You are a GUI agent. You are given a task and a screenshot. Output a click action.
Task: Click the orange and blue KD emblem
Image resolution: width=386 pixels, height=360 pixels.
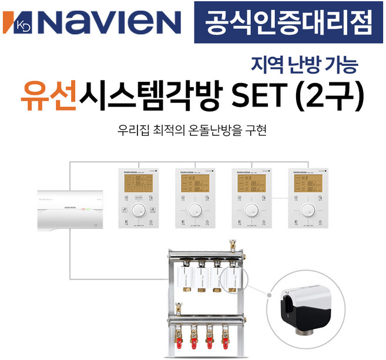(16, 22)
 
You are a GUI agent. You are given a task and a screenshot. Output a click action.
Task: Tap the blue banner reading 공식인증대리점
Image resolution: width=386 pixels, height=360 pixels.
(289, 22)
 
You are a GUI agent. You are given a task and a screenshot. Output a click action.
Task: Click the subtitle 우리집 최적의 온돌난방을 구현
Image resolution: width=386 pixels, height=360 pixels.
(192, 129)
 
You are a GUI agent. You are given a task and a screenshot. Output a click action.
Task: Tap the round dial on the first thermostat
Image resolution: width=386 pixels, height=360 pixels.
(137, 211)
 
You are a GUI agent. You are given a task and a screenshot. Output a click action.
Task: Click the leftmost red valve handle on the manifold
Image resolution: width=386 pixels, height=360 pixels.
(177, 339)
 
